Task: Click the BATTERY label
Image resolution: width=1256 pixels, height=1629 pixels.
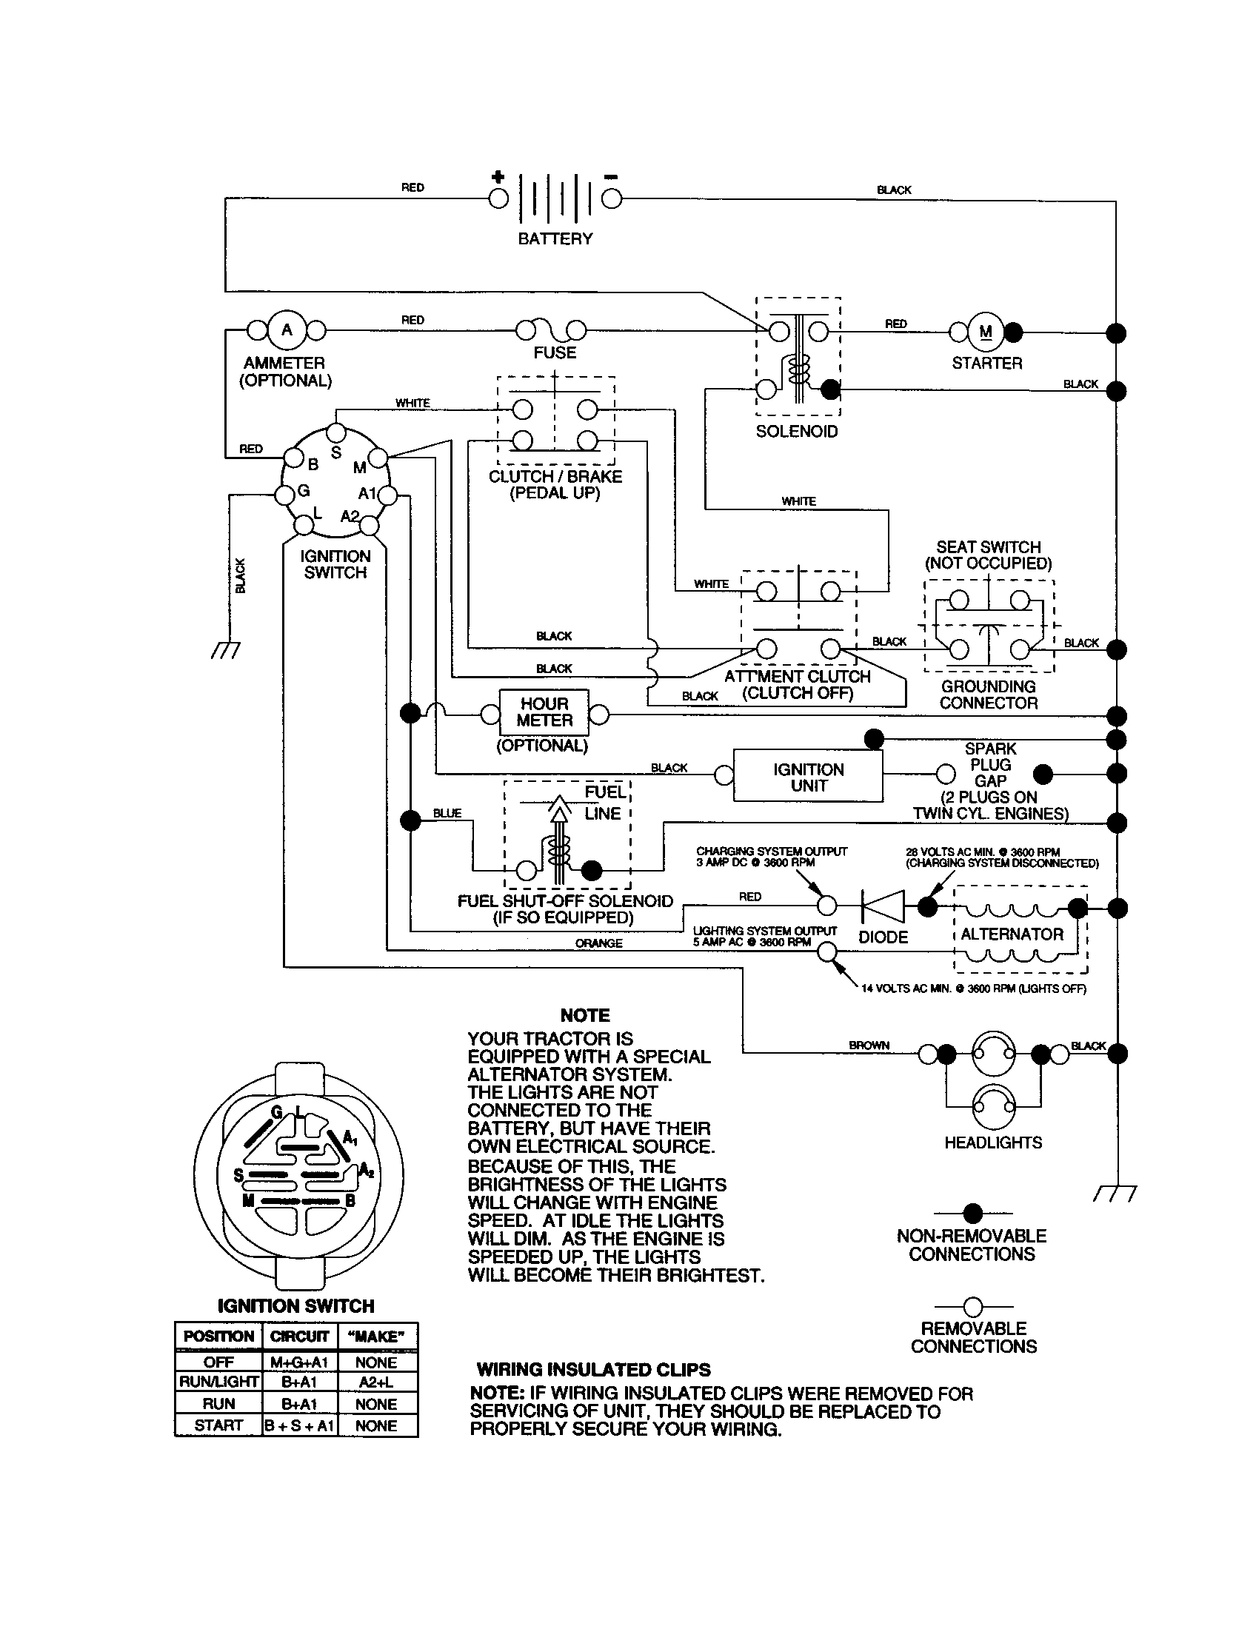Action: point(555,238)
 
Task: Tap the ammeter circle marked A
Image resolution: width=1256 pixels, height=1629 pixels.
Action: point(287,330)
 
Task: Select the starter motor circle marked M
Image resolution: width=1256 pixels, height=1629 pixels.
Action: point(986,332)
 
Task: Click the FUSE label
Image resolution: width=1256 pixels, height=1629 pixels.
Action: point(554,352)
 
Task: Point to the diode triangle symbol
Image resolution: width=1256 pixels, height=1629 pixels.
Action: point(883,906)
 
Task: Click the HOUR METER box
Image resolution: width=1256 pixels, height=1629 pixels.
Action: point(544,712)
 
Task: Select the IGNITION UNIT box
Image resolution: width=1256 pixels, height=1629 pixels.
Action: point(808,777)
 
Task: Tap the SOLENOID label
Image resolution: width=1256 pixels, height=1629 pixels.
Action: point(797,432)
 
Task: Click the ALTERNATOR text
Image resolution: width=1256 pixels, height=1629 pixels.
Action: point(1012,934)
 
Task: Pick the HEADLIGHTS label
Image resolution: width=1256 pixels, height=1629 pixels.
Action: point(992,1143)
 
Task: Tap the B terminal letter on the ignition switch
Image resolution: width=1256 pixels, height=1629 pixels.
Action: point(313,465)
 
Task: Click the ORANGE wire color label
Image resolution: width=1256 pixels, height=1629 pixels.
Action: point(598,943)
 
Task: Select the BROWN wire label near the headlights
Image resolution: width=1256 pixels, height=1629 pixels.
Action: point(869,1046)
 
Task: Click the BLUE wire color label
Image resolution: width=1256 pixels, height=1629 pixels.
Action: point(447,813)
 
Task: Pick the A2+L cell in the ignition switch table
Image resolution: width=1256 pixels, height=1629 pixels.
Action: point(377,1382)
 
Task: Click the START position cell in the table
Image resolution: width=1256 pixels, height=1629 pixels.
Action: point(218,1425)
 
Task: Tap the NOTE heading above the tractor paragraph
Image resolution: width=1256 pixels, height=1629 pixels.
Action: point(585,1015)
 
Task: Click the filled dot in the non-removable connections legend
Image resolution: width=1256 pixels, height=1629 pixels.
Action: point(972,1214)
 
